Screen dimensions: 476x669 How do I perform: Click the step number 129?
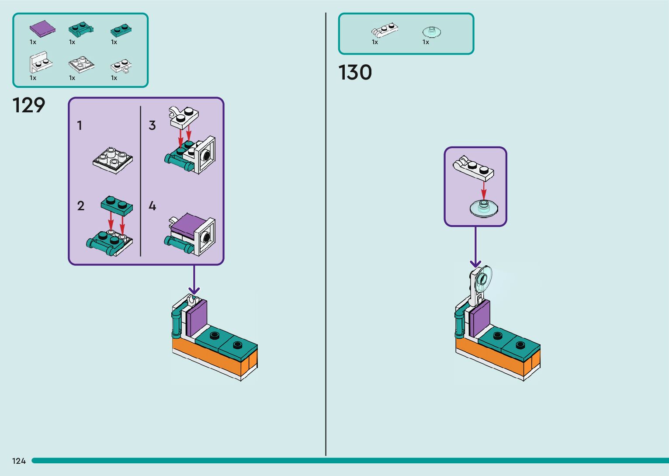point(29,105)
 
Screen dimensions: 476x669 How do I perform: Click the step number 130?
point(355,73)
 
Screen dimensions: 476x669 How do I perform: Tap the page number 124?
point(19,461)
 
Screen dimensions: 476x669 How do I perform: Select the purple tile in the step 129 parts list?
point(42,28)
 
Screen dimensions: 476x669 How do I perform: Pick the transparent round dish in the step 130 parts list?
point(432,31)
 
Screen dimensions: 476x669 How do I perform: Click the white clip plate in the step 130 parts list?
point(385,30)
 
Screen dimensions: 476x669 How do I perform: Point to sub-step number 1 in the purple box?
point(80,126)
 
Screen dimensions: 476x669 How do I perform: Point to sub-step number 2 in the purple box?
point(80,206)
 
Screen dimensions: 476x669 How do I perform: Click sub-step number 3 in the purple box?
point(152,126)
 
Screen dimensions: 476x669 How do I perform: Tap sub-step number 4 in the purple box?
point(152,206)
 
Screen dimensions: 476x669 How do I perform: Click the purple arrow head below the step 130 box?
point(475,264)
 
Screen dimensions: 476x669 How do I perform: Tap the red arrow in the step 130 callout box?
point(484,190)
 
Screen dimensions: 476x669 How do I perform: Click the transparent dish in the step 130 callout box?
point(484,208)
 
